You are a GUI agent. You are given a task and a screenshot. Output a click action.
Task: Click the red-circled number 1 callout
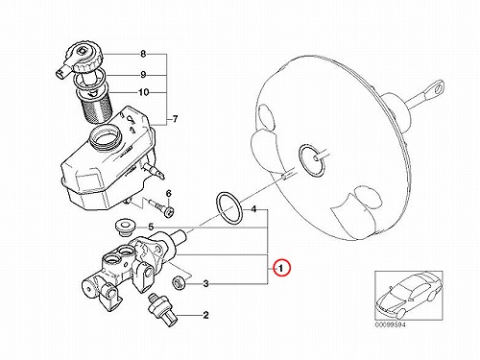pos(281,269)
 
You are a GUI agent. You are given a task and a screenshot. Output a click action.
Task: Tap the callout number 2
pos(205,315)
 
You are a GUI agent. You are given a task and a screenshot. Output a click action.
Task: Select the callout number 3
pos(205,283)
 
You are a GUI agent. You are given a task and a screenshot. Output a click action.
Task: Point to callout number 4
pos(253,209)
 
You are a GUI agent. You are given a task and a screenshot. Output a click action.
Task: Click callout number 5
pos(151,228)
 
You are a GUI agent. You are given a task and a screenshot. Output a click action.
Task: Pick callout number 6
pos(169,193)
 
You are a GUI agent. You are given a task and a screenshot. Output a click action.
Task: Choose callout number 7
pos(175,119)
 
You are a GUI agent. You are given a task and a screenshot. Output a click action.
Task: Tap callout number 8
pos(143,54)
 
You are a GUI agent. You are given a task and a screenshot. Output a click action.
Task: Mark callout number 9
pos(143,75)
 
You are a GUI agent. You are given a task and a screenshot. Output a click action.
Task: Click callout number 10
pos(144,92)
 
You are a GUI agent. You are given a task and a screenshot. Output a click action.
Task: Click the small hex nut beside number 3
pos(178,282)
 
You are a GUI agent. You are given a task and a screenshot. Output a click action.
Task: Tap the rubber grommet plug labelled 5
pos(126,228)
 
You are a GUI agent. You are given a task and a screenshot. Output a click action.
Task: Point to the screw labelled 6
pos(161,208)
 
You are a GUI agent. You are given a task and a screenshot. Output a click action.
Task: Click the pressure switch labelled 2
pos(162,309)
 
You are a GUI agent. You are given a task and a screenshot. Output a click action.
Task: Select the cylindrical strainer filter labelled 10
pos(95,106)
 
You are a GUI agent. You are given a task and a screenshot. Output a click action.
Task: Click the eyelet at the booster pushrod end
pos(436,87)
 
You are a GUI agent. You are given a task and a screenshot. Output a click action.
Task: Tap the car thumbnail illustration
pos(409,295)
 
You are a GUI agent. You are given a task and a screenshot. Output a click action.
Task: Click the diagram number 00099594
pos(390,324)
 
